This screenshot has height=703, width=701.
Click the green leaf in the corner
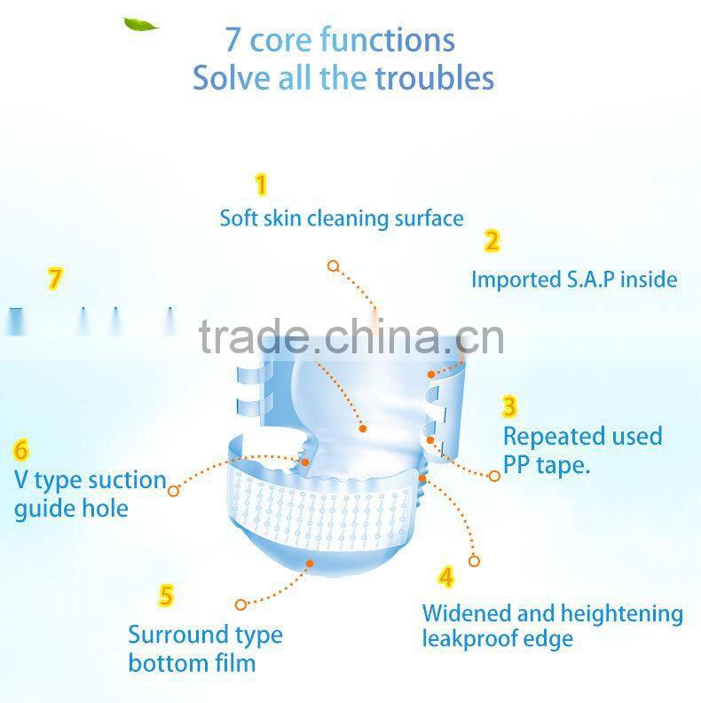click(140, 24)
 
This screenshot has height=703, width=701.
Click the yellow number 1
click(261, 185)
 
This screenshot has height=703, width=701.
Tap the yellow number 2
click(492, 241)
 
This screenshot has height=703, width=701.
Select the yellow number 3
click(510, 407)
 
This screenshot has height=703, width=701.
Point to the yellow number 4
click(446, 577)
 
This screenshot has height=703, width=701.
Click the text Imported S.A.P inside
click(574, 280)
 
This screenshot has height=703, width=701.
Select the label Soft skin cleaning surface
click(342, 217)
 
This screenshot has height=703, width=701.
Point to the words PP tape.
click(547, 464)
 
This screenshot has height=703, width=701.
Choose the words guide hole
click(71, 509)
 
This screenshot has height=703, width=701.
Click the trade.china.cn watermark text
click(351, 336)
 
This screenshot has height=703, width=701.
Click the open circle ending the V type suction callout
click(174, 490)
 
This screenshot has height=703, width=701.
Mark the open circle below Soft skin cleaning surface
click(333, 265)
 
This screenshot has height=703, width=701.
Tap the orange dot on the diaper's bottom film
click(310, 562)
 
